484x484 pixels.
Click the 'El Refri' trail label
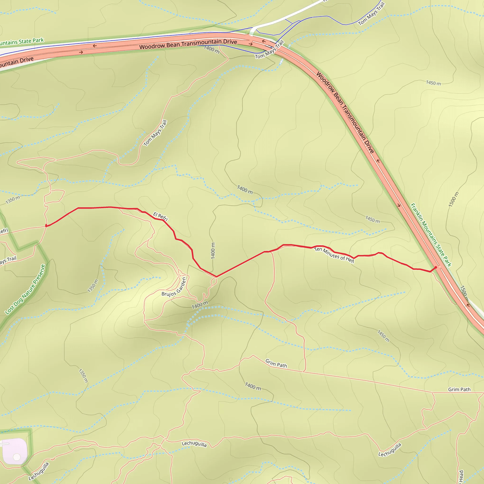pyautogui.click(x=160, y=216)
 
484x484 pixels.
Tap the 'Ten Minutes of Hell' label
pyautogui.click(x=334, y=255)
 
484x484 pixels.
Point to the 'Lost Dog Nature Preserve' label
pyautogui.click(x=25, y=289)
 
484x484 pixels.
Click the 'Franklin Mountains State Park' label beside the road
pyautogui.click(x=431, y=235)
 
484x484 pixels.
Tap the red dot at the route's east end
pyautogui.click(x=436, y=268)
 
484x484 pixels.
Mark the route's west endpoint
pyautogui.click(x=46, y=226)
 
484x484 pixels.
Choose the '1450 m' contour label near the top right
pyautogui.click(x=433, y=83)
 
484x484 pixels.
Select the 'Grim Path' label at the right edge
pyautogui.click(x=459, y=389)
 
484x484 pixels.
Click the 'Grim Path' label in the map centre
pyautogui.click(x=276, y=363)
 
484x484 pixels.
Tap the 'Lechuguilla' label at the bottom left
pyautogui.click(x=39, y=471)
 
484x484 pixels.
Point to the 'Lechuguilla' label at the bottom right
pyautogui.click(x=390, y=450)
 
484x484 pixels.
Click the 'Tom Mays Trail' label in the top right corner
pyautogui.click(x=371, y=14)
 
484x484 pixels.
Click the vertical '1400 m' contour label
pyautogui.click(x=213, y=251)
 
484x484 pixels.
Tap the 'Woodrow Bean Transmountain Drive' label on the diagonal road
pyautogui.click(x=345, y=112)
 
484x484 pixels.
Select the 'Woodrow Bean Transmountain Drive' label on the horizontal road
pyautogui.click(x=188, y=44)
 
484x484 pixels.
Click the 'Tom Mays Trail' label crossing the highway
pyautogui.click(x=270, y=50)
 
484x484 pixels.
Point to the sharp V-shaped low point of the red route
pyautogui.click(x=216, y=277)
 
